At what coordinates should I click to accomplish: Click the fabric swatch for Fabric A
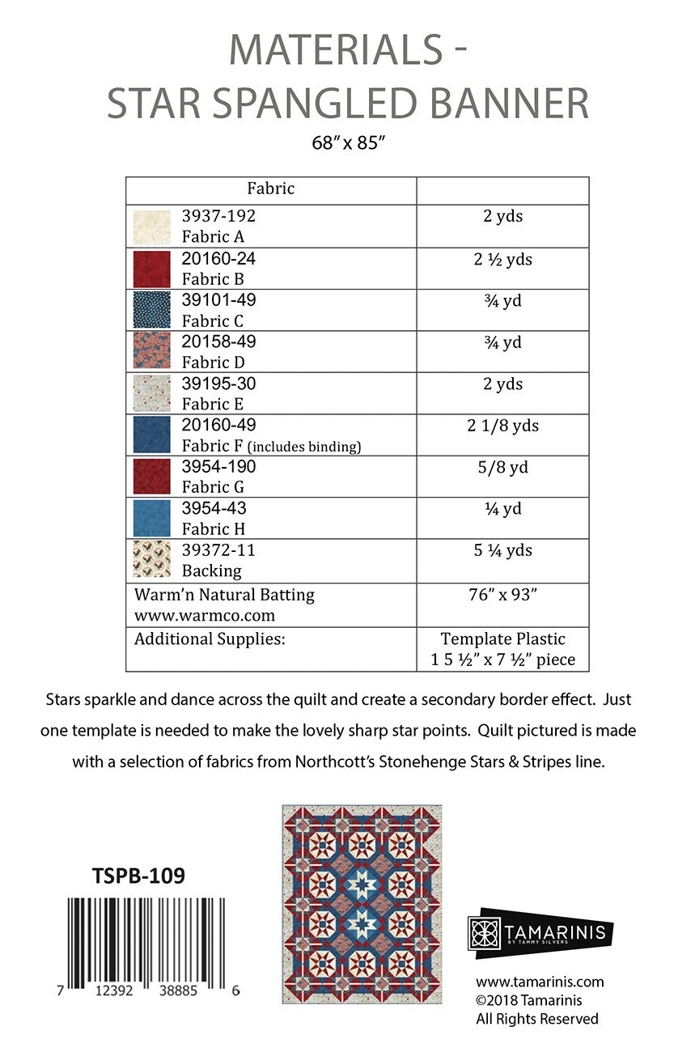point(151,227)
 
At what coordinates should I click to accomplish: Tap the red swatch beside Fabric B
point(151,269)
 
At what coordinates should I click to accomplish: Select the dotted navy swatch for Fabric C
point(151,310)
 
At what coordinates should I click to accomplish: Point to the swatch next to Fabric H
point(151,519)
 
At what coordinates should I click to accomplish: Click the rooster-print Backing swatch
point(151,560)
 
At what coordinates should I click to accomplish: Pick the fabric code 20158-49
point(218,342)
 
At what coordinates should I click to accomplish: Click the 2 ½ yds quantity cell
point(502,260)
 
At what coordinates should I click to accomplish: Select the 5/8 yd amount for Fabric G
point(502,468)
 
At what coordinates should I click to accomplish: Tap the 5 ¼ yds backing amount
point(502,551)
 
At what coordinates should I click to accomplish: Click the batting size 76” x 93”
point(502,595)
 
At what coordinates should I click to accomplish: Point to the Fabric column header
point(270,189)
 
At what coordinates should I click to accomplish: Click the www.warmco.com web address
point(198,615)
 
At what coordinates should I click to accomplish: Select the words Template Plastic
point(502,638)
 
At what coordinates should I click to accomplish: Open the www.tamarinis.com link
point(540,982)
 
